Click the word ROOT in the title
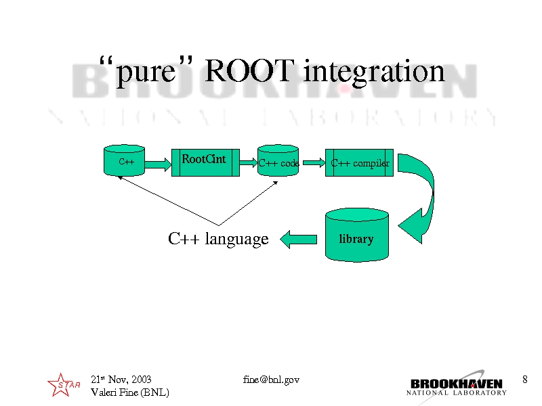tap(249, 71)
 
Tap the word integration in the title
tap(374, 72)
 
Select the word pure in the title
tap(146, 73)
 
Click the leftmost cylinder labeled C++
tap(124, 160)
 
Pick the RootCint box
tap(205, 162)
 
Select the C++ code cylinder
tap(278, 160)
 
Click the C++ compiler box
tap(359, 162)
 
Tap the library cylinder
tap(357, 235)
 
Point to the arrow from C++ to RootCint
tap(158, 164)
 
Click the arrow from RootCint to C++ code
tap(248, 162)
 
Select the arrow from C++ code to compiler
tap(314, 162)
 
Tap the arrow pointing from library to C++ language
tap(298, 240)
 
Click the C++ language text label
tap(218, 239)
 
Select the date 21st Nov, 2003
tap(121, 380)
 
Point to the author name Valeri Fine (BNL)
tap(130, 392)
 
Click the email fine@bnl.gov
tap(271, 380)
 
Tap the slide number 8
tap(524, 380)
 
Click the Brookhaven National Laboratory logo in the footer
tap(456, 386)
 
